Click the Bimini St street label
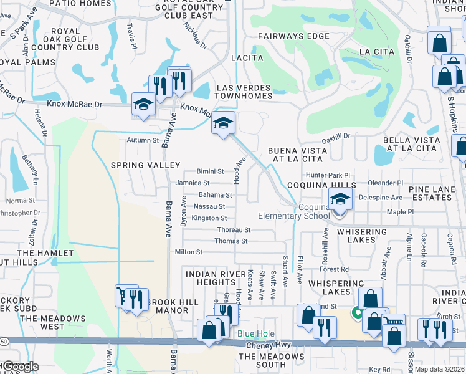[x=210, y=171]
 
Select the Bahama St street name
[x=215, y=195]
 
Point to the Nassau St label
[x=209, y=206]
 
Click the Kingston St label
[x=209, y=218]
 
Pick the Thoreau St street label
[x=234, y=230]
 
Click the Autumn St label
[x=143, y=141]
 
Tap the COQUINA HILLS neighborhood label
[x=321, y=186]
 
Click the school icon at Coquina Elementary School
[x=340, y=200]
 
